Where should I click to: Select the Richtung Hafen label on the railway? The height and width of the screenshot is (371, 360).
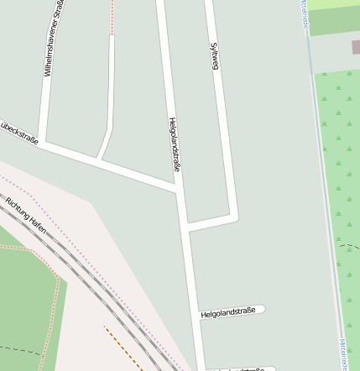click(x=25, y=215)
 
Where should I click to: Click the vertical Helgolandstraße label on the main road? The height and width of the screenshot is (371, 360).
click(x=175, y=149)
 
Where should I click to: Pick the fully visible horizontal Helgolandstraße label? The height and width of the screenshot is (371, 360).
click(x=228, y=312)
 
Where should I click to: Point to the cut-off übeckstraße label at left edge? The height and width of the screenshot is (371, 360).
click(x=18, y=133)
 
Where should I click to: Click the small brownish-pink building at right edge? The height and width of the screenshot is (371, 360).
click(x=356, y=47)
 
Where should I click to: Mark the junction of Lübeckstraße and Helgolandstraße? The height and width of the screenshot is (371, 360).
click(x=179, y=190)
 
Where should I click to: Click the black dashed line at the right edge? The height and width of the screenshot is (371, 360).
click(x=349, y=247)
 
